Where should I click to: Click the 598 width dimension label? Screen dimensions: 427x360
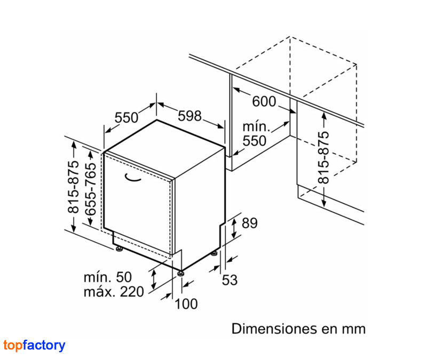189,116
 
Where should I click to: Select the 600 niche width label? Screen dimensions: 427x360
264,101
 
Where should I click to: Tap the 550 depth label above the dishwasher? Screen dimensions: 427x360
126,117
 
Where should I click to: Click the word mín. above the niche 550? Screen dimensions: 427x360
256,127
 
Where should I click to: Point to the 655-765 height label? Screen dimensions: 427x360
91,189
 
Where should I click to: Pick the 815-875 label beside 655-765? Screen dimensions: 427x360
73,187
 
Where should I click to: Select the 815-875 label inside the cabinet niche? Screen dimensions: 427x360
323,157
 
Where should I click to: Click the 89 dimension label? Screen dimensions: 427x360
249,223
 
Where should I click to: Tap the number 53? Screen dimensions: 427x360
230,280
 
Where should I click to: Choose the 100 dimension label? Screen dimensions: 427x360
186,304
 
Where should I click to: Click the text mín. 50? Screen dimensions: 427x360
108,277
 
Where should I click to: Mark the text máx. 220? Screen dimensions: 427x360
114,292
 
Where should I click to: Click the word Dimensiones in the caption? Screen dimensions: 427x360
274,329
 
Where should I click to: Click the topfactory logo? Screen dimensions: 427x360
34,346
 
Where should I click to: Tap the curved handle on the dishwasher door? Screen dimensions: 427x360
132,178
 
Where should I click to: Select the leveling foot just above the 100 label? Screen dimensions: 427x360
180,273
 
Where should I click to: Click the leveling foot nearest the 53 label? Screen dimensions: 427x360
215,253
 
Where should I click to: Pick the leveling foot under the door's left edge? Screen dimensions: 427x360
119,249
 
